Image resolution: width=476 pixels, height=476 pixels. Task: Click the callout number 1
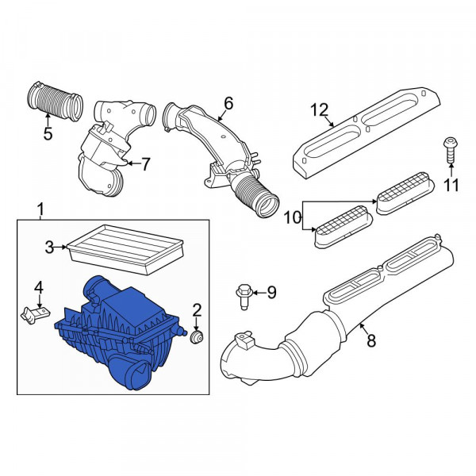tap(41, 209)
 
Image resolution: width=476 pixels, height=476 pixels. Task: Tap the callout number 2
tap(198, 309)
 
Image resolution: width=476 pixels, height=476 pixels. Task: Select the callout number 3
tap(49, 248)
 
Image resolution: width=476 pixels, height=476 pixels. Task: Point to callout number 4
tap(39, 287)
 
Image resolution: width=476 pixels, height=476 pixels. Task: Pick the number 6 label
tap(228, 104)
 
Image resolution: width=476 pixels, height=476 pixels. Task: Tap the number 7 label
tap(145, 164)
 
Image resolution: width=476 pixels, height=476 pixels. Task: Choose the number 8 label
tap(367, 341)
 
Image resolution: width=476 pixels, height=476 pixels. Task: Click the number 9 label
tap(271, 294)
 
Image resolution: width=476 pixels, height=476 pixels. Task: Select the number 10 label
tap(291, 216)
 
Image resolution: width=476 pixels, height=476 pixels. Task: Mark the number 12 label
tap(318, 110)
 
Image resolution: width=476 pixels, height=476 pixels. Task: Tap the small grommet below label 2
tap(197, 339)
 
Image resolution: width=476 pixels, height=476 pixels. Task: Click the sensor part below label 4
tap(33, 317)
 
